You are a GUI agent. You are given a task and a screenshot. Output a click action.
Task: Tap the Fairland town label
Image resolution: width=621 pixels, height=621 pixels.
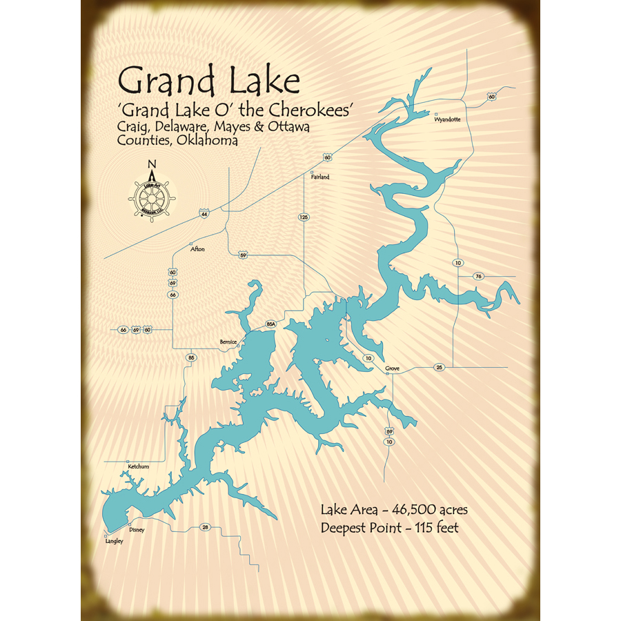click(319, 177)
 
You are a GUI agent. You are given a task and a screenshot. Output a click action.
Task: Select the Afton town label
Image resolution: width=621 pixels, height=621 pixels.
click(197, 249)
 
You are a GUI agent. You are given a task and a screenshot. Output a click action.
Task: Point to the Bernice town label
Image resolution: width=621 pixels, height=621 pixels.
click(228, 342)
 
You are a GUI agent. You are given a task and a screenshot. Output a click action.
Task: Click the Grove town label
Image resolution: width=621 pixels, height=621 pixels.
click(393, 369)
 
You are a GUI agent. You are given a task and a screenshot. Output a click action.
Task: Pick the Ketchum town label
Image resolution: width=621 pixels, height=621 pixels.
click(138, 467)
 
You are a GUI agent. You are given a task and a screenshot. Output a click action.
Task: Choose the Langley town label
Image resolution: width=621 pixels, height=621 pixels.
click(114, 542)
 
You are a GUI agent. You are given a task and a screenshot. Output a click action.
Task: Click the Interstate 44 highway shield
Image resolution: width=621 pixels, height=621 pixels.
click(204, 215)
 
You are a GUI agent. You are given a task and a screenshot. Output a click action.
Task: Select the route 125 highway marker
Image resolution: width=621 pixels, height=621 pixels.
click(304, 217)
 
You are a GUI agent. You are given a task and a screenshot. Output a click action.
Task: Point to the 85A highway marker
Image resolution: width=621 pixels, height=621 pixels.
click(270, 324)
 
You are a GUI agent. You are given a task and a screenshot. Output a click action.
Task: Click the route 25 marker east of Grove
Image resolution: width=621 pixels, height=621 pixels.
click(440, 366)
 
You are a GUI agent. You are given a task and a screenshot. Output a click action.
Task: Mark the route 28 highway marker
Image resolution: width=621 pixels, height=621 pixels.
click(205, 527)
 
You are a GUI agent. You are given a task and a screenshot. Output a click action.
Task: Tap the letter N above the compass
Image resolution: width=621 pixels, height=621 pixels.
click(152, 164)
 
